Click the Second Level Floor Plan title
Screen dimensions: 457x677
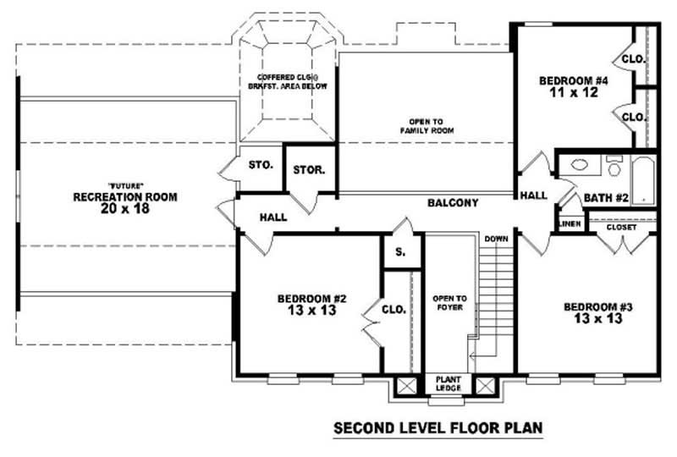438,428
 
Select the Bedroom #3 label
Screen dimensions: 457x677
592,312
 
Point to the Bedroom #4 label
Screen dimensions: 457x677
574,86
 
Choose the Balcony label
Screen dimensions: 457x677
453,203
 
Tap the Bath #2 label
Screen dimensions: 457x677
605,199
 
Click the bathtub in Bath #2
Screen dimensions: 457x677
643,179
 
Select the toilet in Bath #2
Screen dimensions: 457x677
614,166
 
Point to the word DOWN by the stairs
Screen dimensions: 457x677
496,240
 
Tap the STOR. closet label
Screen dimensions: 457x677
309,170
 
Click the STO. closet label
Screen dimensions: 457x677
261,164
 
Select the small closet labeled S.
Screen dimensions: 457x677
400,252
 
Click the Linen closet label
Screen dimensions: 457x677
568,224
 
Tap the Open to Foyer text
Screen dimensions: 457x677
449,303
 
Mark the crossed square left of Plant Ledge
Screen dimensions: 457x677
407,387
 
